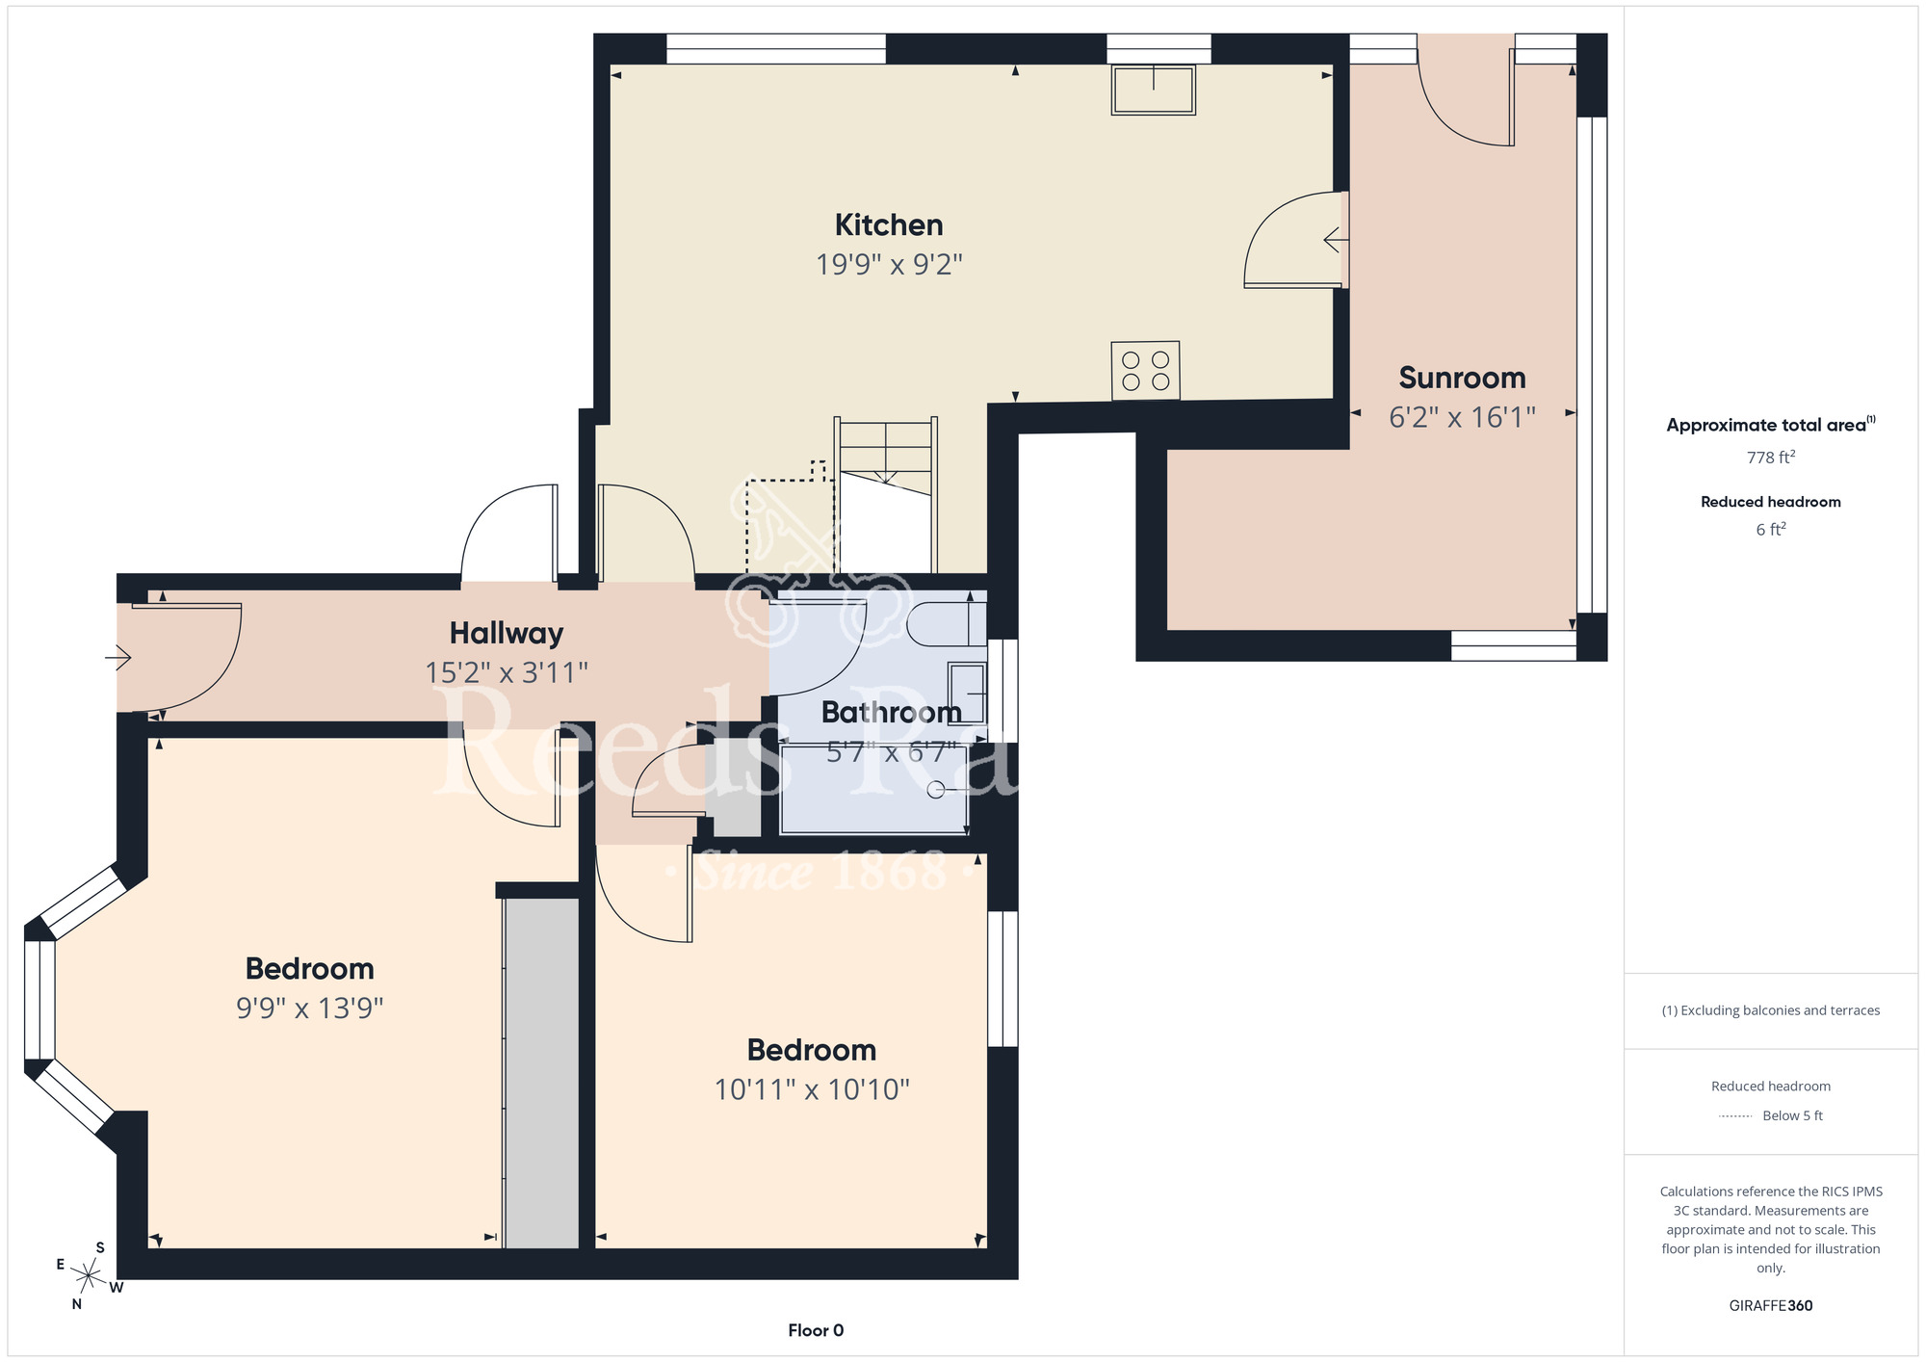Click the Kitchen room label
(x=889, y=225)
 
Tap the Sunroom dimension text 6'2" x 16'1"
(x=1462, y=417)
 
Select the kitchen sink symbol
(x=1153, y=90)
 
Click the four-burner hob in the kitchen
(x=1145, y=371)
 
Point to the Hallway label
(x=507, y=634)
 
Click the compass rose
(x=88, y=1276)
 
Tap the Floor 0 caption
(x=816, y=1330)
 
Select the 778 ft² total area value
(x=1770, y=458)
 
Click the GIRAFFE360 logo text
(x=1770, y=1306)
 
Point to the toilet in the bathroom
(x=946, y=623)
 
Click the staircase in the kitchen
(x=886, y=495)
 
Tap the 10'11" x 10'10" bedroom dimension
(x=812, y=1089)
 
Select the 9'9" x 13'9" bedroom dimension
(x=310, y=1008)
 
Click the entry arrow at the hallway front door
(x=118, y=658)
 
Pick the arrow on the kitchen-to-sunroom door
(x=1336, y=239)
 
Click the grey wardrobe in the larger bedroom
(x=542, y=1073)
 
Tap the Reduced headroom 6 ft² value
(x=1770, y=529)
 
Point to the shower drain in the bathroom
(x=935, y=790)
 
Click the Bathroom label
(x=892, y=713)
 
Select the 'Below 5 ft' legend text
(x=1792, y=1115)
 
